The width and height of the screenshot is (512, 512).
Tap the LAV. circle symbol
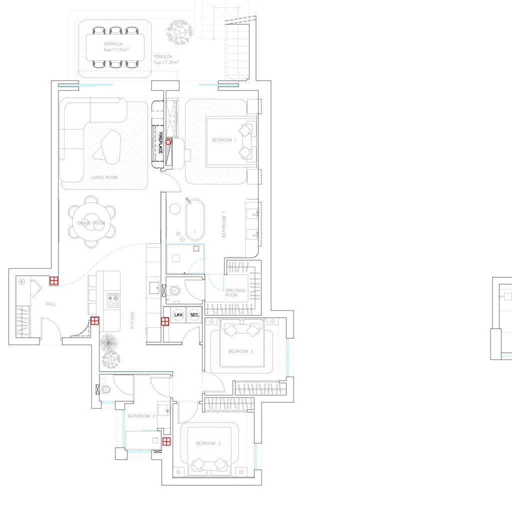point(178,315)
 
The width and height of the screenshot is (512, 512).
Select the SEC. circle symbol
point(195,315)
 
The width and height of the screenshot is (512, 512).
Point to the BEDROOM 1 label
point(224,140)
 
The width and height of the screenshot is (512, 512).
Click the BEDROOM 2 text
point(241,351)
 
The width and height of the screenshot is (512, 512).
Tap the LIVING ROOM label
point(104,177)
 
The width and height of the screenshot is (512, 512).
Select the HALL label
point(50,304)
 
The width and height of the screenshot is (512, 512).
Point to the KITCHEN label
point(132,320)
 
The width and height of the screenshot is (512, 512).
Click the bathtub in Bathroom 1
point(194,220)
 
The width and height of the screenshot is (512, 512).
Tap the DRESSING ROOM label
point(235,293)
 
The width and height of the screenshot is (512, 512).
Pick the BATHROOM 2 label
point(141,416)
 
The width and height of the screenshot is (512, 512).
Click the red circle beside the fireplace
point(169,142)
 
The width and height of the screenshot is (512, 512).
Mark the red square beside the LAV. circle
point(165,321)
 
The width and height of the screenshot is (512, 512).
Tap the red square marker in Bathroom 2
point(166,441)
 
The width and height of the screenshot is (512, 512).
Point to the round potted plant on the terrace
point(179,31)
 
